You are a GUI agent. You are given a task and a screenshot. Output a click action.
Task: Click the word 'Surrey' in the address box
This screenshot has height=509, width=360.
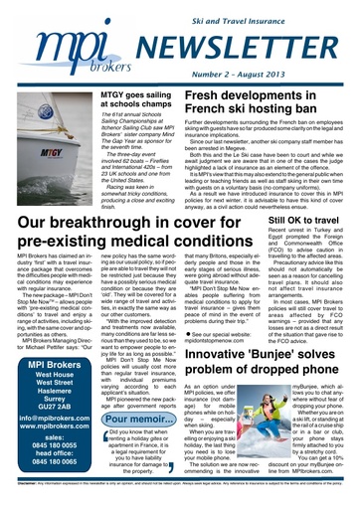pos(49,386)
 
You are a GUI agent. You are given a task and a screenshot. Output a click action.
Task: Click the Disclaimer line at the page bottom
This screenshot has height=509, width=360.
pos(180,499)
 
